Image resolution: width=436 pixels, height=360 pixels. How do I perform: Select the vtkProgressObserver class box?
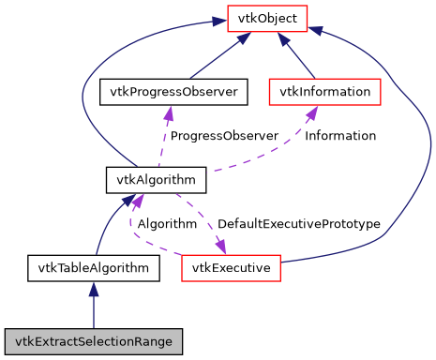tap(173, 91)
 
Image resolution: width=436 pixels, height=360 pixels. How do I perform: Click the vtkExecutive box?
tap(231, 268)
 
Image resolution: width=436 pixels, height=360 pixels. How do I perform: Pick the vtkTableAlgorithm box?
tap(93, 268)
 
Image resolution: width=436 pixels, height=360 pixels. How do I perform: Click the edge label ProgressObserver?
tap(224, 136)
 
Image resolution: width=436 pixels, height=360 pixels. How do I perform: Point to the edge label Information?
tap(340, 136)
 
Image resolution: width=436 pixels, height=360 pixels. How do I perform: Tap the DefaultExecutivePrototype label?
tap(298, 224)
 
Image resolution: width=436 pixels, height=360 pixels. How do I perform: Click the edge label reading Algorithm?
tap(167, 224)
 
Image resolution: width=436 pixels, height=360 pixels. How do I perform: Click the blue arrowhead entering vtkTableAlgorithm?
tap(93, 290)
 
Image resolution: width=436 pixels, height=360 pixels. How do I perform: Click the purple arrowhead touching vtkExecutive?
tap(221, 247)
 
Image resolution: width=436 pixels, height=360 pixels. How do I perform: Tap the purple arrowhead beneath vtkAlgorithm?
tap(138, 199)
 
